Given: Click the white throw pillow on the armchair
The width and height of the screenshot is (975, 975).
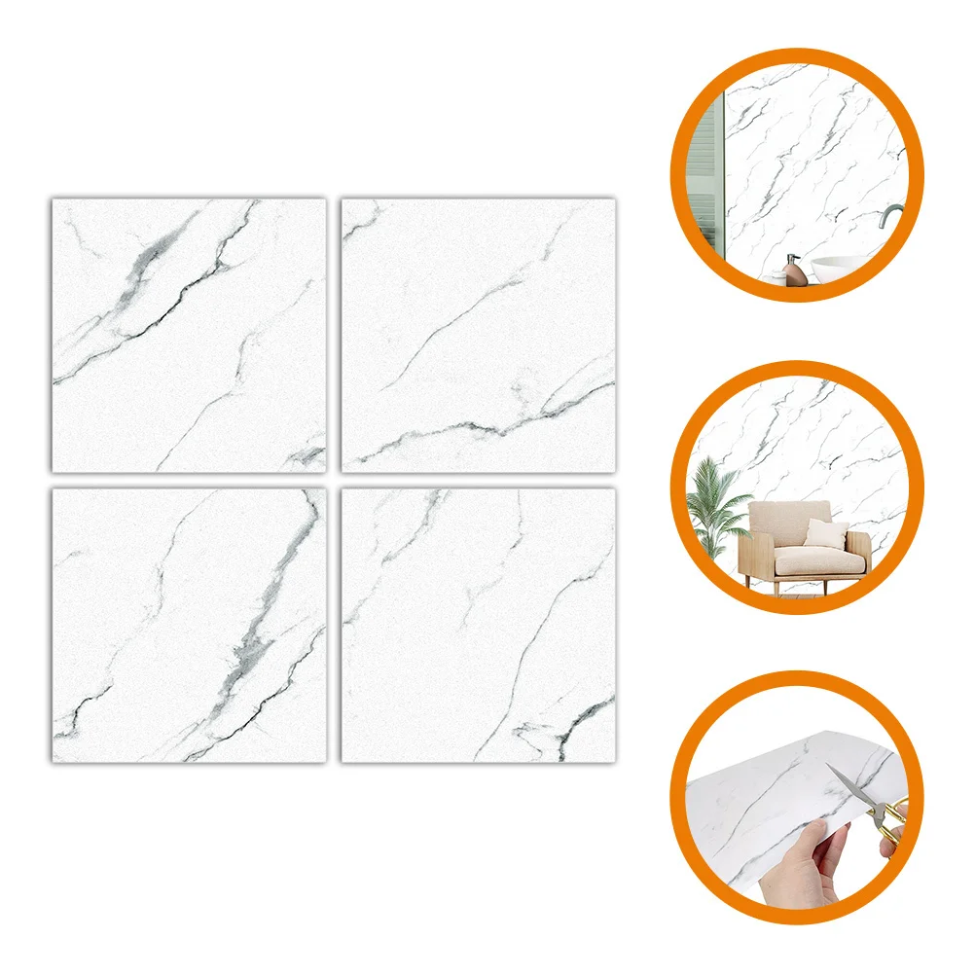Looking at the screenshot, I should click(826, 534).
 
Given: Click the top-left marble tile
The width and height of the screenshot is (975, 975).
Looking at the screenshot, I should click(189, 336).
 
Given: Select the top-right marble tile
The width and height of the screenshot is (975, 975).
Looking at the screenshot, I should click(478, 336).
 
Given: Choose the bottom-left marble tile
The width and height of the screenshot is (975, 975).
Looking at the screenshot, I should click(189, 625).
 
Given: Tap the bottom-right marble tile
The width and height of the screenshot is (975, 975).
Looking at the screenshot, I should click(478, 625).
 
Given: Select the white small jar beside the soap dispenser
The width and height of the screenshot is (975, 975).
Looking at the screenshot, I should click(778, 278).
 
